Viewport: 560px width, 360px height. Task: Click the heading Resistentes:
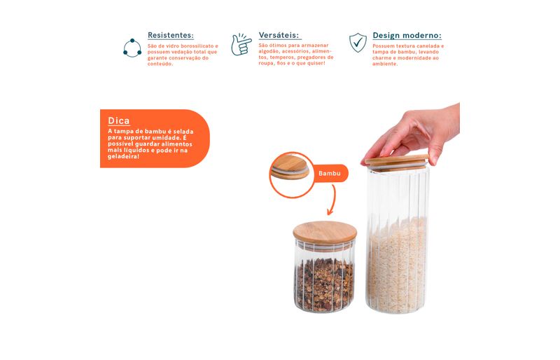point(171,35)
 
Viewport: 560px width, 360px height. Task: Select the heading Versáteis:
point(279,35)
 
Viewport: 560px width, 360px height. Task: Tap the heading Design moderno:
point(407,36)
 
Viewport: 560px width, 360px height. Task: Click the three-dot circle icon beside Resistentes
point(132,48)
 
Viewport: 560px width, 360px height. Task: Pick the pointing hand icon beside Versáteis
point(241,45)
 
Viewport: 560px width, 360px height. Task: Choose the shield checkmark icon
point(358,43)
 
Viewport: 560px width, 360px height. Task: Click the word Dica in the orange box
point(119,120)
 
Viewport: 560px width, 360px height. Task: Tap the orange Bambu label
point(329,174)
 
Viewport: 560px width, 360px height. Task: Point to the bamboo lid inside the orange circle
point(290,167)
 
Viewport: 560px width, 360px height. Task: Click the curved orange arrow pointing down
point(333,200)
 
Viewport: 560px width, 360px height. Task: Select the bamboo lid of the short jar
point(325,233)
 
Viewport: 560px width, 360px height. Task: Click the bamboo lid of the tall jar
point(396,162)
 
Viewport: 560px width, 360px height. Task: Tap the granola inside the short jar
point(324,283)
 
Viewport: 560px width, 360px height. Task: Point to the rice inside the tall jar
point(397,265)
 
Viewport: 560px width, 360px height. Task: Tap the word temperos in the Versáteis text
point(282,57)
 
